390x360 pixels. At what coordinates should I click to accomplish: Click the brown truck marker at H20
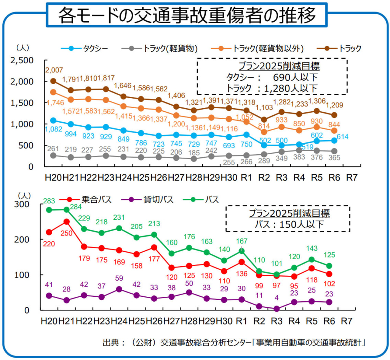[53, 81]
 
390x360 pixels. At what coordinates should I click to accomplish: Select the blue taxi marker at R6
[334, 140]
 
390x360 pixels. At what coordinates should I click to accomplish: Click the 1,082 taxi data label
[53, 129]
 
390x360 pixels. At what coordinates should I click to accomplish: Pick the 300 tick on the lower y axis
[22, 204]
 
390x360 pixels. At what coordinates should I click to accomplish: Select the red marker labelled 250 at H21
[66, 221]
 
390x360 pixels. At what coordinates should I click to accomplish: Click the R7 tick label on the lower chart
[346, 321]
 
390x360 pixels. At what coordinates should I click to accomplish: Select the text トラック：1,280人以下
[272, 88]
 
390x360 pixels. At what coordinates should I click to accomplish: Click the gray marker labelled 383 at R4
[299, 150]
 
